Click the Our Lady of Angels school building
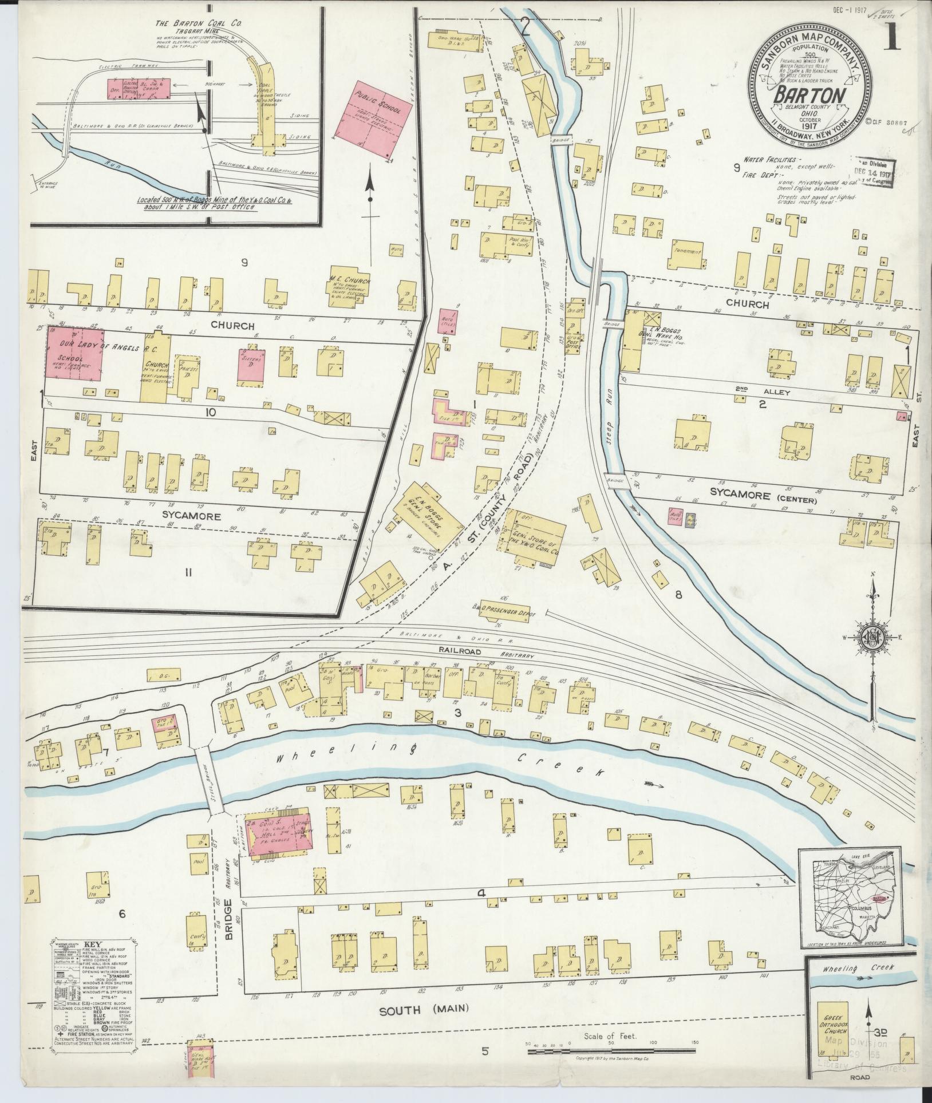coord(74,354)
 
